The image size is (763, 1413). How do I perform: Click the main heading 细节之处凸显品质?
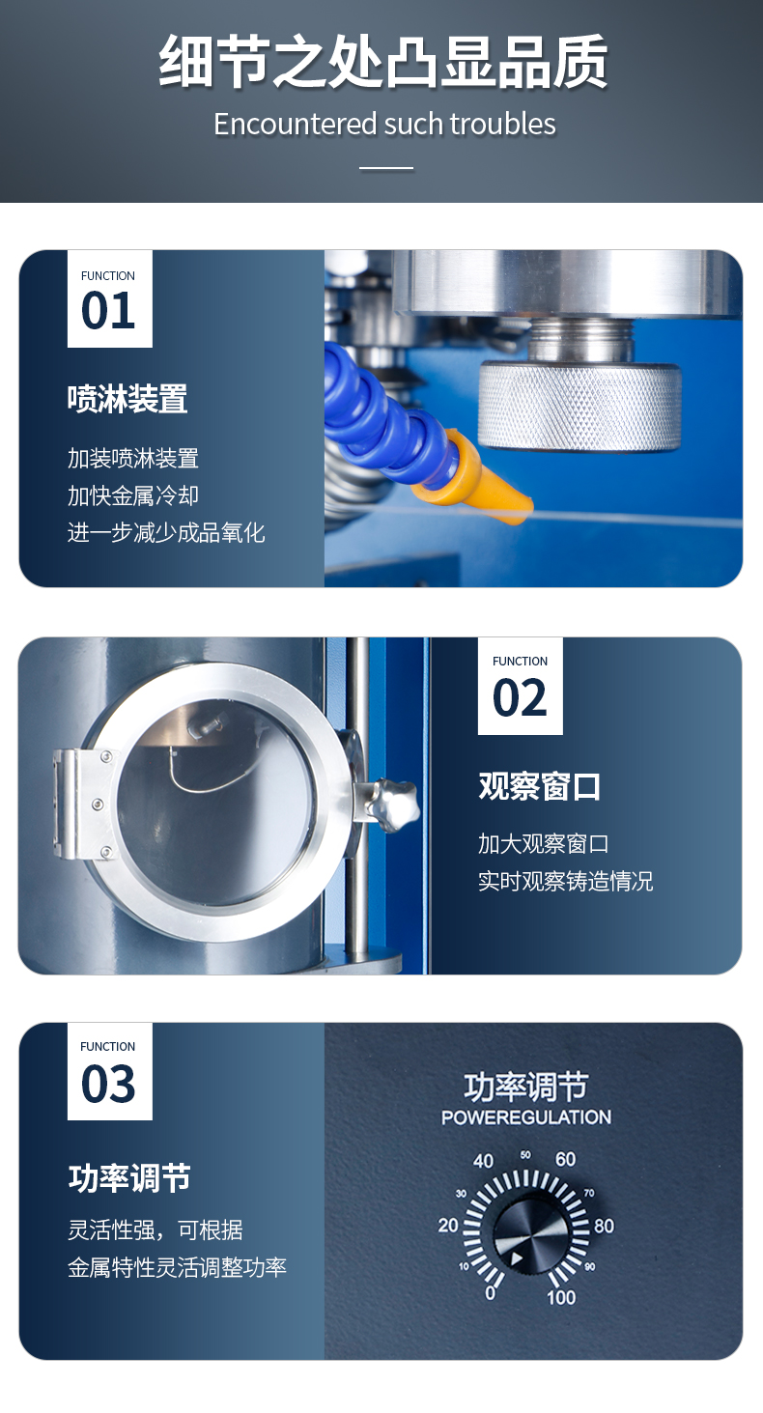click(x=382, y=61)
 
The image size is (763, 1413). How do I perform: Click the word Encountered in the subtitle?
click(x=296, y=124)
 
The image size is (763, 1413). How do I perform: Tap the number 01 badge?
click(x=110, y=298)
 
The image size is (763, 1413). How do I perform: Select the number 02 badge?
click(x=521, y=686)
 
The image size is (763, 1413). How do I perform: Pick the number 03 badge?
click(x=110, y=1071)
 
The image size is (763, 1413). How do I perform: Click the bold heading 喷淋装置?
click(x=127, y=399)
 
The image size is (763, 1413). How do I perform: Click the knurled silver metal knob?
click(x=579, y=407)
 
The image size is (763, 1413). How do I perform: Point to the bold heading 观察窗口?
click(x=539, y=786)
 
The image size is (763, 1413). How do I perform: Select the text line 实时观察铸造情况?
click(x=566, y=881)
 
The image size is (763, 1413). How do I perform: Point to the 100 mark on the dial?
click(x=561, y=1297)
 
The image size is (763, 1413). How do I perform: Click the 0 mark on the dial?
click(x=491, y=1293)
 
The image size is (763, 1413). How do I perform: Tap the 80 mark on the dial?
click(x=604, y=1226)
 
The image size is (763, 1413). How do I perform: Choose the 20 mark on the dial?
click(x=448, y=1226)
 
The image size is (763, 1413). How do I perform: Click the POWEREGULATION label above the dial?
click(x=526, y=1117)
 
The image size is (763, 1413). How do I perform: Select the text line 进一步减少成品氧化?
click(x=166, y=533)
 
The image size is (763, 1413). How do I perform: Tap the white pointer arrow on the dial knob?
click(x=517, y=1258)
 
